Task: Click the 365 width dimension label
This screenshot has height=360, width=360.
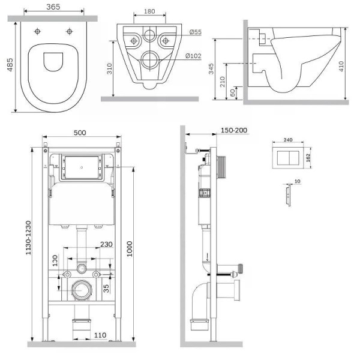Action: [x=53, y=7]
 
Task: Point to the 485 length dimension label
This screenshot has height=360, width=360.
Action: [x=10, y=65]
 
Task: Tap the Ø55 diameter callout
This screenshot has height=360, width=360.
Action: [x=196, y=32]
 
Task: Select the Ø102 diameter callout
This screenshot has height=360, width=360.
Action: [x=193, y=56]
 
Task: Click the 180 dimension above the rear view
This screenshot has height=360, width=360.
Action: [x=149, y=11]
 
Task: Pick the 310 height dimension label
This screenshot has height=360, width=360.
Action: [x=109, y=68]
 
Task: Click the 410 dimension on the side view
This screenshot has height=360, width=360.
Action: [x=341, y=66]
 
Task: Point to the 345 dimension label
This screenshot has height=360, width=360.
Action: [x=211, y=68]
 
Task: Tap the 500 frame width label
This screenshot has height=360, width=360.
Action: [x=80, y=133]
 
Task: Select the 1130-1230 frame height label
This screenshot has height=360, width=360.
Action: [x=28, y=238]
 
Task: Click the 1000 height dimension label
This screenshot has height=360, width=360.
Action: [x=130, y=249]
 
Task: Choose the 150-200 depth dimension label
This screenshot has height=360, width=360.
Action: [x=234, y=130]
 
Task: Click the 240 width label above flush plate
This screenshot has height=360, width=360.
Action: [x=288, y=140]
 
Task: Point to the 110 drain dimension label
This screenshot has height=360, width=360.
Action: [x=100, y=335]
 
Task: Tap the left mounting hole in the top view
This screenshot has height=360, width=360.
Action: [x=37, y=31]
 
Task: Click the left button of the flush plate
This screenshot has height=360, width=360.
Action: [x=283, y=158]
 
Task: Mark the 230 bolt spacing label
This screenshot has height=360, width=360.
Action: [x=106, y=244]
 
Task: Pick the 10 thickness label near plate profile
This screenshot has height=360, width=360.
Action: [x=298, y=181]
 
